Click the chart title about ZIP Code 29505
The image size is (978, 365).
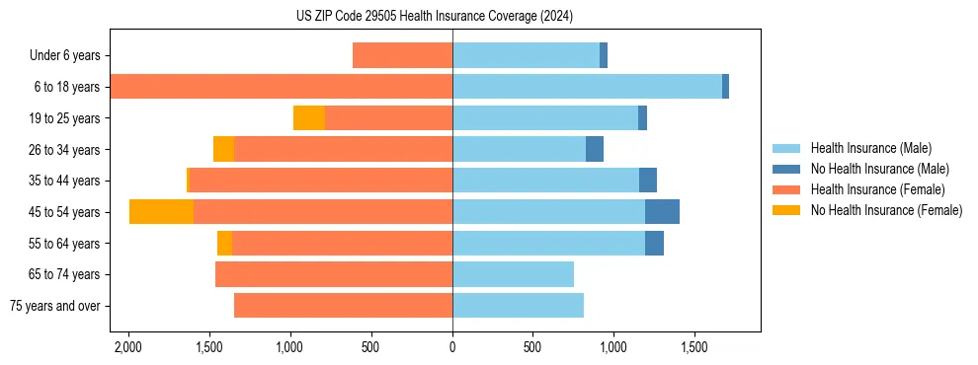point(434,16)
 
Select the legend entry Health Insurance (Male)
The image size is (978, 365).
point(870,148)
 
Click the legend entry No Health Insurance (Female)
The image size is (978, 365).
point(886,210)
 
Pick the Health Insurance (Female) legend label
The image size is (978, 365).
point(877,189)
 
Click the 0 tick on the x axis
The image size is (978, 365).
point(452,347)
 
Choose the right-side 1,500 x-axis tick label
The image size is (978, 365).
point(694,347)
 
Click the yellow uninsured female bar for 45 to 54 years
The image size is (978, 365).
point(161,212)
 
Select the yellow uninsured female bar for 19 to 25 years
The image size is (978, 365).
point(309,118)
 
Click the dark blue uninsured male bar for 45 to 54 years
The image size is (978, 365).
point(662,212)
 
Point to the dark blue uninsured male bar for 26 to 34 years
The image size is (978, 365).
point(595,150)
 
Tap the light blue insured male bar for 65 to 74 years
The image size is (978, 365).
point(513,274)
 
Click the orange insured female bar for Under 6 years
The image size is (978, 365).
point(402,56)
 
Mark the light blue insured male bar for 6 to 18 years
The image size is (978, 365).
point(587,87)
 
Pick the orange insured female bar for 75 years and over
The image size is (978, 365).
point(343,306)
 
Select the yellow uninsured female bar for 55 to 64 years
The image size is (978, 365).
point(224,244)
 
